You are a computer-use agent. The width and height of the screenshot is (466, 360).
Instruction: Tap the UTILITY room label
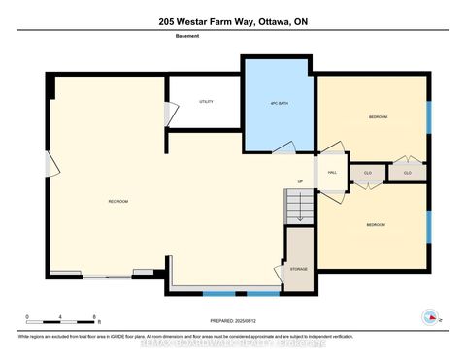(206, 101)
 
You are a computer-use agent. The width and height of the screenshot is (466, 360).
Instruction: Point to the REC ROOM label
(118, 200)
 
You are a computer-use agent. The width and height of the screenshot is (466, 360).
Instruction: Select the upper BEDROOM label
(378, 116)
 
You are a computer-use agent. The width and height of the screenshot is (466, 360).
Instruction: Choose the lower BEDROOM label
(375, 224)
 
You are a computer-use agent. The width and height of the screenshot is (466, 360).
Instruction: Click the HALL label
(331, 172)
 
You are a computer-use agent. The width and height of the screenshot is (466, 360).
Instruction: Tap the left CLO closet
(368, 172)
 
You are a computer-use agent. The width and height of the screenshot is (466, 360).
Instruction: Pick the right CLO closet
(407, 172)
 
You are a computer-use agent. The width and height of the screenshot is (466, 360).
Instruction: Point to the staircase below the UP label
(298, 206)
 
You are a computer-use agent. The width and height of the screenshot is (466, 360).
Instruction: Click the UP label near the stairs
(300, 181)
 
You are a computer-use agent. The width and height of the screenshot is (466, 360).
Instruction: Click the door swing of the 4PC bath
(283, 147)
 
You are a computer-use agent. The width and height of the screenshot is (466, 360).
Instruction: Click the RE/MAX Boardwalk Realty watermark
(232, 342)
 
